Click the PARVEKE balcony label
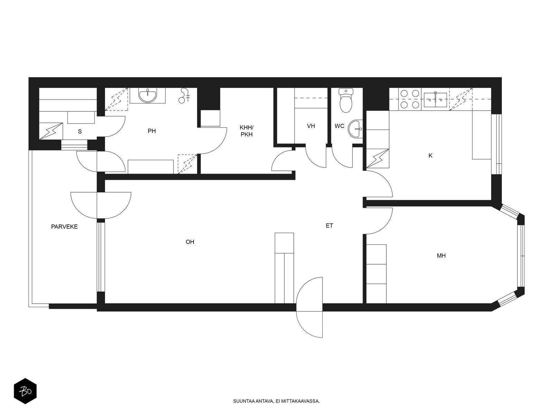click(64, 227)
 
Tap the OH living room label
click(190, 242)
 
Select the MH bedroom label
click(441, 256)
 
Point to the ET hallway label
click(329, 226)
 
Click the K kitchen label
click(430, 156)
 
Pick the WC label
click(339, 126)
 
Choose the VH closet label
click(311, 126)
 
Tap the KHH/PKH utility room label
click(246, 131)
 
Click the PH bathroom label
click(152, 131)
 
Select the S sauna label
click(80, 131)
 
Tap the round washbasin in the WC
click(355, 129)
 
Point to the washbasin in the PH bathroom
click(147, 95)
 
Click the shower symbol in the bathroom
click(185, 95)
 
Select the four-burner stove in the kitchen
click(410, 99)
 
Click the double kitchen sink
click(435, 100)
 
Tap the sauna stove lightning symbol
click(51, 131)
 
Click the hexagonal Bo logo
click(25, 391)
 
